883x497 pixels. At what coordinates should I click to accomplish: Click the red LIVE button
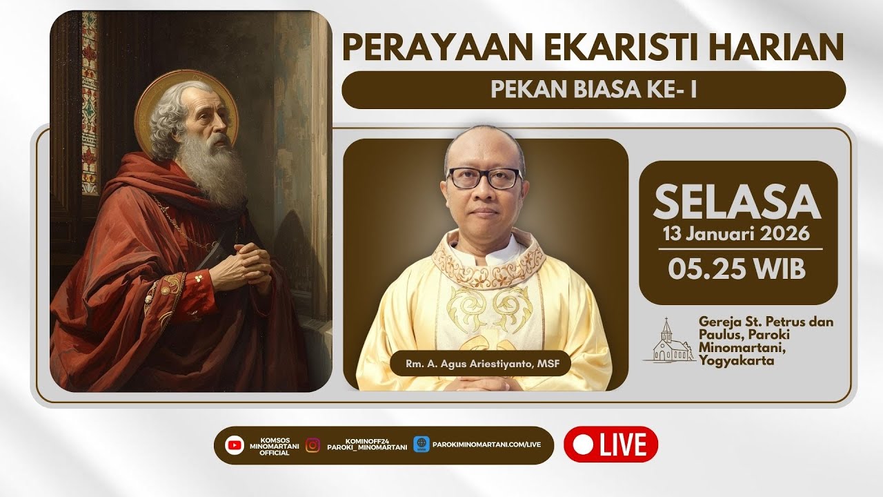(611, 444)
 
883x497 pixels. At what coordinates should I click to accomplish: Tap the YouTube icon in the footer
(235, 445)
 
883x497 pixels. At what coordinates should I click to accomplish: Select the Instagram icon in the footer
(312, 445)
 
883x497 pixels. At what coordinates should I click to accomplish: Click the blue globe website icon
(421, 445)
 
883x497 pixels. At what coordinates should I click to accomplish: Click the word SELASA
(737, 202)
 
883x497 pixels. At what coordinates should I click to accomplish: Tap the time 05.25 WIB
(737, 269)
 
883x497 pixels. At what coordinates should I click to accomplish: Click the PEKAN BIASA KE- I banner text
(593, 90)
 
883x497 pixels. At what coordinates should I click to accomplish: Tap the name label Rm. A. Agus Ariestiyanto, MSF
(479, 364)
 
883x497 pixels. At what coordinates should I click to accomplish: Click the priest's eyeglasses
(484, 178)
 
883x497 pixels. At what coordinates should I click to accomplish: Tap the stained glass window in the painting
(90, 104)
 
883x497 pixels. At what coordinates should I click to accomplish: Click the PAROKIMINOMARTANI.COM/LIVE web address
(486, 445)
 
